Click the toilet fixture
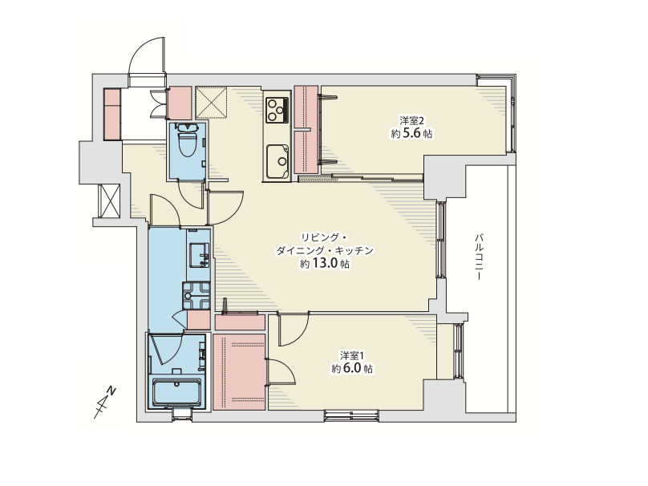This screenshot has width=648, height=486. pyautogui.click(x=187, y=140)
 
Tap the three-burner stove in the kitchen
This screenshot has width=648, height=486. pyautogui.click(x=277, y=110)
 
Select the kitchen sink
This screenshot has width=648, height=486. pyautogui.click(x=277, y=161)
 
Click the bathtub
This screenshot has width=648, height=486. pyautogui.click(x=177, y=393)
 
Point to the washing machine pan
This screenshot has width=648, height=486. pyautogui.click(x=196, y=295)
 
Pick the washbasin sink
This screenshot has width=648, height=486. pyautogui.click(x=199, y=255)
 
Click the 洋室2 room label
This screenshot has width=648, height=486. pyautogui.click(x=411, y=120)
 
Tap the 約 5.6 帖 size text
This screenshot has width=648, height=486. pyautogui.click(x=411, y=133)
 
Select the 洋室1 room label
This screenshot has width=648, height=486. pyautogui.click(x=352, y=355)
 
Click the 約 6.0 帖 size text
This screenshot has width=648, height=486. pyautogui.click(x=352, y=368)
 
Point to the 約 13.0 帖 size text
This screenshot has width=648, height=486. pyautogui.click(x=325, y=264)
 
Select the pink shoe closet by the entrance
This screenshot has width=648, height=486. pyautogui.click(x=112, y=114)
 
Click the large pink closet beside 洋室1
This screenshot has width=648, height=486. pyautogui.click(x=239, y=371)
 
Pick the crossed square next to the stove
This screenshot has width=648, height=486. pyautogui.click(x=211, y=103)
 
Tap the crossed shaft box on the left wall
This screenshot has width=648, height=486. pyautogui.click(x=109, y=200)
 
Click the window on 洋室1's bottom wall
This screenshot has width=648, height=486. pyautogui.click(x=351, y=415)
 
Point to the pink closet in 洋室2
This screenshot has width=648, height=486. pyautogui.click(x=306, y=130)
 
